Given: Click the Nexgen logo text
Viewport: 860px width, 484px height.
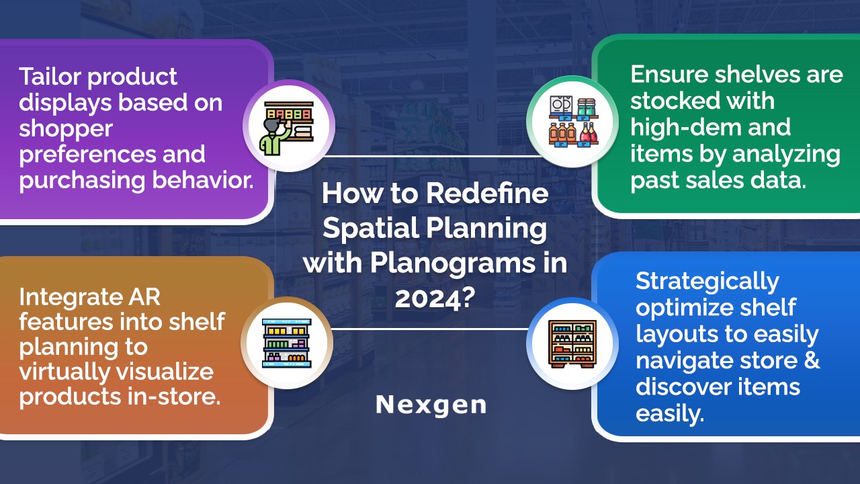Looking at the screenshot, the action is (x=431, y=405).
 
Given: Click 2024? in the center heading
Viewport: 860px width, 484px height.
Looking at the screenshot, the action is (x=435, y=298).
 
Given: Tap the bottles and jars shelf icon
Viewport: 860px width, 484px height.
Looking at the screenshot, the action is (x=574, y=122).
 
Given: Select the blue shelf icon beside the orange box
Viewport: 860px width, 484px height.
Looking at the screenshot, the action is (x=286, y=343).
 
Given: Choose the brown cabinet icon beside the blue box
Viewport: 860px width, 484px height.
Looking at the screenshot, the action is (x=572, y=344).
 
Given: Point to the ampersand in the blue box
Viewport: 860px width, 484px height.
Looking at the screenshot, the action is (x=810, y=360).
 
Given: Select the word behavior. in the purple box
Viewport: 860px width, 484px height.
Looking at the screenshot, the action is (x=203, y=179).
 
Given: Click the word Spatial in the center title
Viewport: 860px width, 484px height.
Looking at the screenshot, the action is (x=371, y=227).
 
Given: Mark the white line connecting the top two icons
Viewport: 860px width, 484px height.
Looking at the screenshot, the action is (x=430, y=157).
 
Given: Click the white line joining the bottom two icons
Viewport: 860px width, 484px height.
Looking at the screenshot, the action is (x=430, y=329).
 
